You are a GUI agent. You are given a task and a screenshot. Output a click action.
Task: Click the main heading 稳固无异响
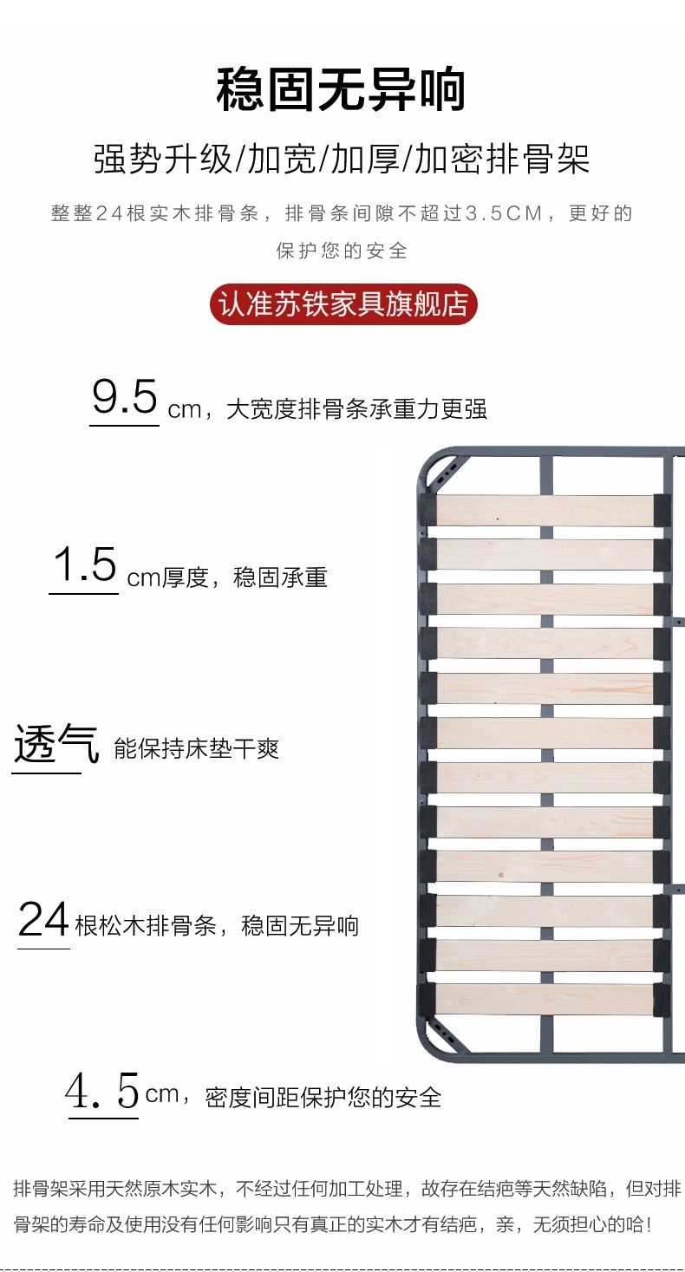tap(342, 89)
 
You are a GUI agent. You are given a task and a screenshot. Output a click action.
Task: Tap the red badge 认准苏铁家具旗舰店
tap(343, 304)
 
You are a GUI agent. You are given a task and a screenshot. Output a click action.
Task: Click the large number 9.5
tap(125, 399)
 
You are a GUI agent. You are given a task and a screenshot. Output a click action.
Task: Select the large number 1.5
tap(84, 566)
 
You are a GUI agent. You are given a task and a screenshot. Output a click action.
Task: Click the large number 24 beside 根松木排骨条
tap(43, 920)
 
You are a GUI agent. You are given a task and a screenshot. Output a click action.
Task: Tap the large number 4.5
tap(103, 1092)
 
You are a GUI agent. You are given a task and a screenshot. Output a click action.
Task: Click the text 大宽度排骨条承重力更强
tap(356, 409)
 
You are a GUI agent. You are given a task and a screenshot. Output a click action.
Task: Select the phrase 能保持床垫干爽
tap(197, 749)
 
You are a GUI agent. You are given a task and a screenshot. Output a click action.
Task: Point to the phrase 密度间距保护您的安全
tap(323, 1098)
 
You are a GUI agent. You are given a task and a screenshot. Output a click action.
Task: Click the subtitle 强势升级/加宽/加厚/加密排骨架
tap(342, 160)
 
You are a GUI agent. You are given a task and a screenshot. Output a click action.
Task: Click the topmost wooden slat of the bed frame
tap(545, 510)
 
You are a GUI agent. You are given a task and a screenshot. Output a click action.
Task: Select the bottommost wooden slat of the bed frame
tap(545, 999)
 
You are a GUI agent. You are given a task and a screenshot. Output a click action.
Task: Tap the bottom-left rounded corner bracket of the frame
tap(444, 1037)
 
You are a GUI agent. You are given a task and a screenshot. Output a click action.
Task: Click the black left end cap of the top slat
tap(428, 510)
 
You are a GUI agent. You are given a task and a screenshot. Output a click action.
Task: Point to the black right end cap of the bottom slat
tap(662, 999)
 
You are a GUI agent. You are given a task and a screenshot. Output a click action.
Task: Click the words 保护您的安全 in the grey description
tap(342, 251)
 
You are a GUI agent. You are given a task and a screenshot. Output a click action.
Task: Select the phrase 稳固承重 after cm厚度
tap(280, 577)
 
